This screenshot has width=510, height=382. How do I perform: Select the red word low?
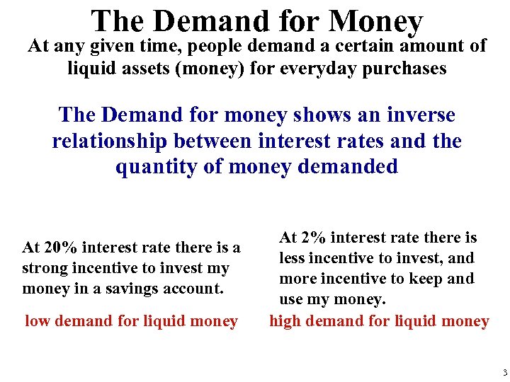38,321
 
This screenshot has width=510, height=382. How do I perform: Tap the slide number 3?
503,372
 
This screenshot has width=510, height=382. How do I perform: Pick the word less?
292,258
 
